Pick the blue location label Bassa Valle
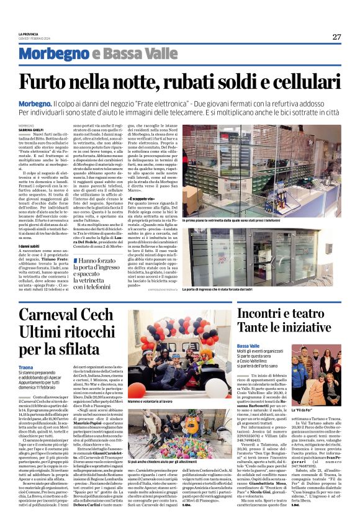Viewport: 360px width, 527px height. pos(248,346)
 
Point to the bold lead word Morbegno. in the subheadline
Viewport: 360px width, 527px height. pos(35,102)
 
